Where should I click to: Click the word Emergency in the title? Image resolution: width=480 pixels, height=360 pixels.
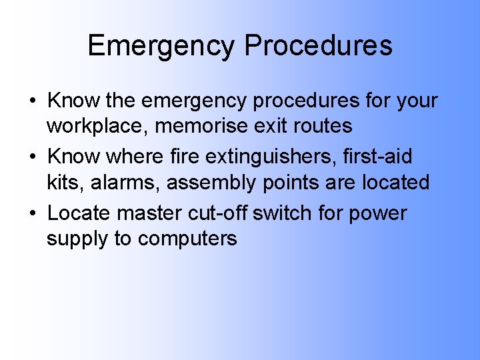(161, 46)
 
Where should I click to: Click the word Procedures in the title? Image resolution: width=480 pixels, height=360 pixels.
(318, 46)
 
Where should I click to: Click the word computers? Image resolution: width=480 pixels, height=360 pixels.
(187, 239)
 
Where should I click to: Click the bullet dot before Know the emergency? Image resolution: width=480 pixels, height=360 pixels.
(32, 102)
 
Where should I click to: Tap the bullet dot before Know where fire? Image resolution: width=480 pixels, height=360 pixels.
(32, 158)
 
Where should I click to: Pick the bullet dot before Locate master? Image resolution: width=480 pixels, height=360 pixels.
(32, 214)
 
